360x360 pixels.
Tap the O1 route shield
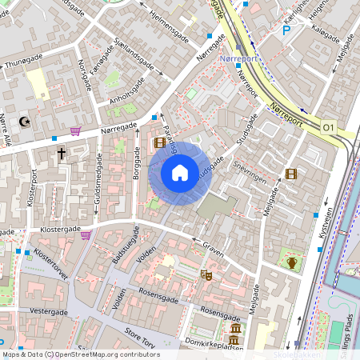click(x=329, y=127)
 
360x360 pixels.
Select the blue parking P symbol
click(x=286, y=31)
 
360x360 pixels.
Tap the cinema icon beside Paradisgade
click(x=160, y=143)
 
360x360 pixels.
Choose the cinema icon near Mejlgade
click(x=290, y=174)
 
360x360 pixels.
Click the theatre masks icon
click(x=206, y=274)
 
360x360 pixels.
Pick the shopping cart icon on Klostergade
click(x=86, y=234)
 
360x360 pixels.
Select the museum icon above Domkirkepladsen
click(x=236, y=330)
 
